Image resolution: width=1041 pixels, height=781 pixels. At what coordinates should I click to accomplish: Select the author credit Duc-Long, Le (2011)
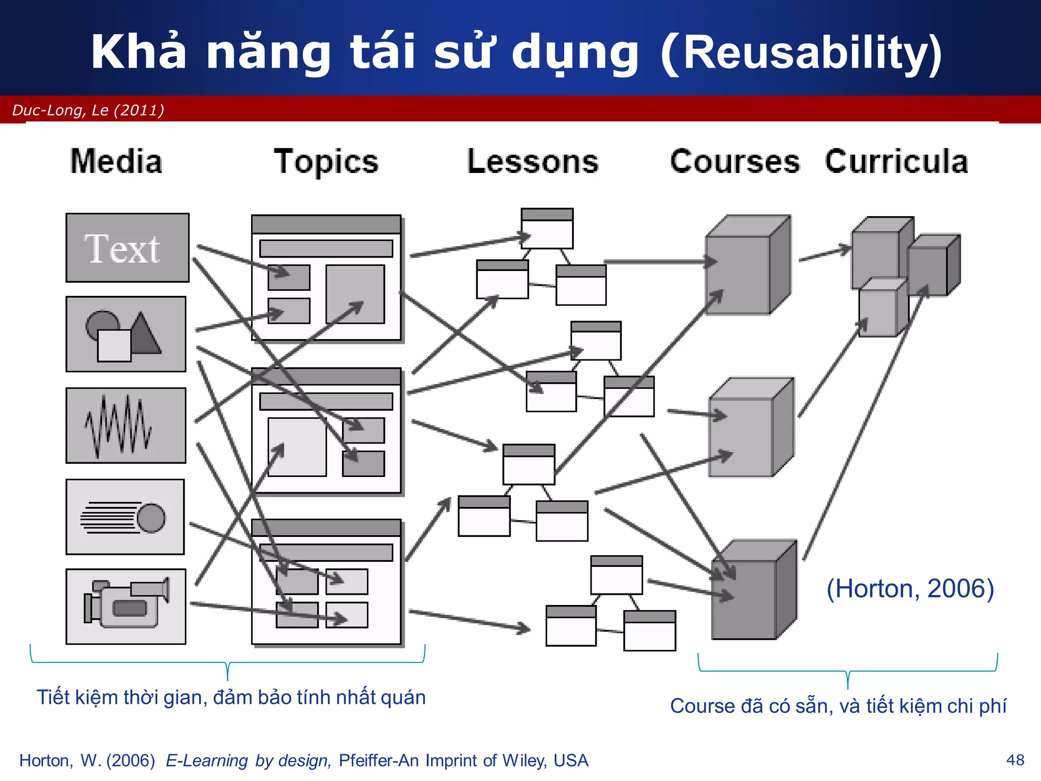pyautogui.click(x=88, y=110)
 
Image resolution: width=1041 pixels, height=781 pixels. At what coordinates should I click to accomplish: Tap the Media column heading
pyautogui.click(x=116, y=162)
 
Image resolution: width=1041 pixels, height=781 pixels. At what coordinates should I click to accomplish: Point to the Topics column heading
pyautogui.click(x=326, y=162)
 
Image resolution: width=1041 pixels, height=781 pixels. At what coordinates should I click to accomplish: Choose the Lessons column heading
pyautogui.click(x=532, y=162)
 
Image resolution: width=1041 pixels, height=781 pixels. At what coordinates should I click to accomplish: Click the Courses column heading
pyautogui.click(x=734, y=162)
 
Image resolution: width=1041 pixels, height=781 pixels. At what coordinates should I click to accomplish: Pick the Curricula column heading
pyautogui.click(x=896, y=162)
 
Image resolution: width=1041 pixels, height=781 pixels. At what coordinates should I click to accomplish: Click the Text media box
pyautogui.click(x=127, y=248)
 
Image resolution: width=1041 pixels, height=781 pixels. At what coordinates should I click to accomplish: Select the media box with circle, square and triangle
pyautogui.click(x=126, y=334)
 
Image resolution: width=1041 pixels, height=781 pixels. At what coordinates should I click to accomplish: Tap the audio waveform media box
pyautogui.click(x=126, y=426)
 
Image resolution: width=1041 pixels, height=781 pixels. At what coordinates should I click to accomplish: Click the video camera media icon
pyautogui.click(x=126, y=606)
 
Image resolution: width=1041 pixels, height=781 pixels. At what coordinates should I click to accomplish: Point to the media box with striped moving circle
pyautogui.click(x=125, y=517)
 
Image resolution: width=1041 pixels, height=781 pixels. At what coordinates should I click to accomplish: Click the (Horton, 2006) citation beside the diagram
pyautogui.click(x=910, y=589)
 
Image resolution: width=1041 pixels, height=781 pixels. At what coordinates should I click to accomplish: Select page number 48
pyautogui.click(x=1015, y=760)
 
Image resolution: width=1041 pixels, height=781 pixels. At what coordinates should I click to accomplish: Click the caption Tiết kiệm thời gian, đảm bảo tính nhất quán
pyautogui.click(x=231, y=697)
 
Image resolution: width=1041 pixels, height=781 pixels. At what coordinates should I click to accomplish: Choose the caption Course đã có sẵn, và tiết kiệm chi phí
pyautogui.click(x=838, y=706)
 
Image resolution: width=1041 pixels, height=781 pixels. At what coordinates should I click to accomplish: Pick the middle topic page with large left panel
pyautogui.click(x=326, y=431)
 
